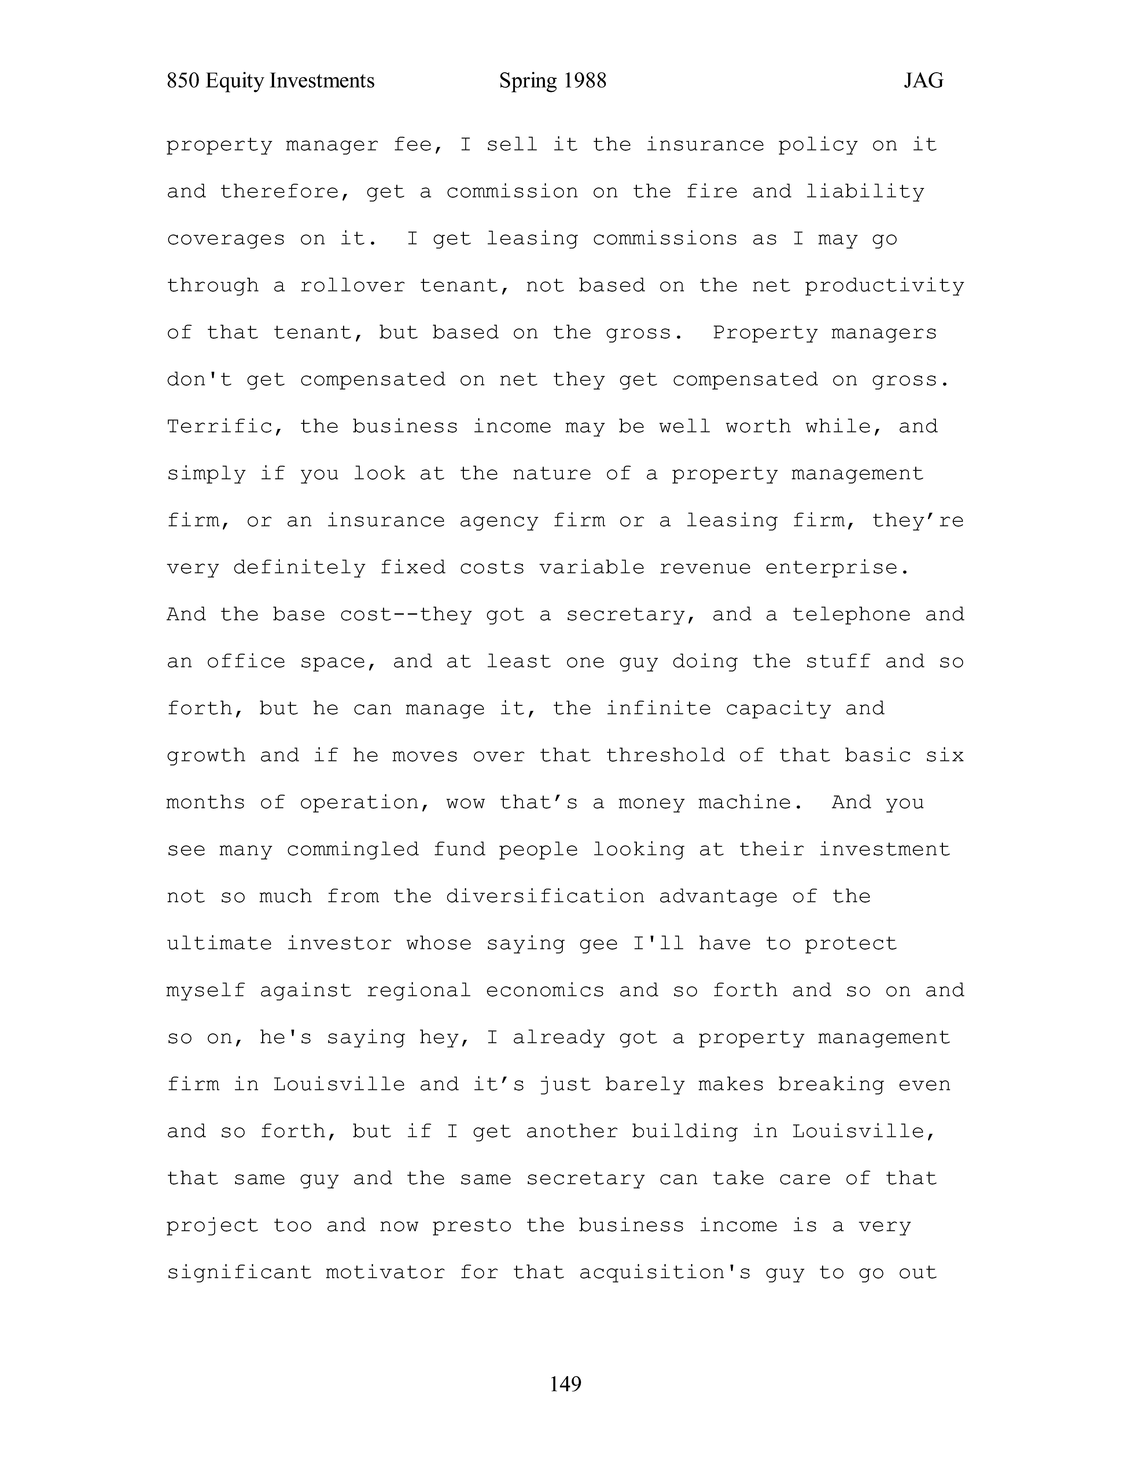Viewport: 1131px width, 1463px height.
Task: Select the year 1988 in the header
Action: point(584,81)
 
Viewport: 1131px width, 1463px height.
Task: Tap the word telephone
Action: point(851,614)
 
